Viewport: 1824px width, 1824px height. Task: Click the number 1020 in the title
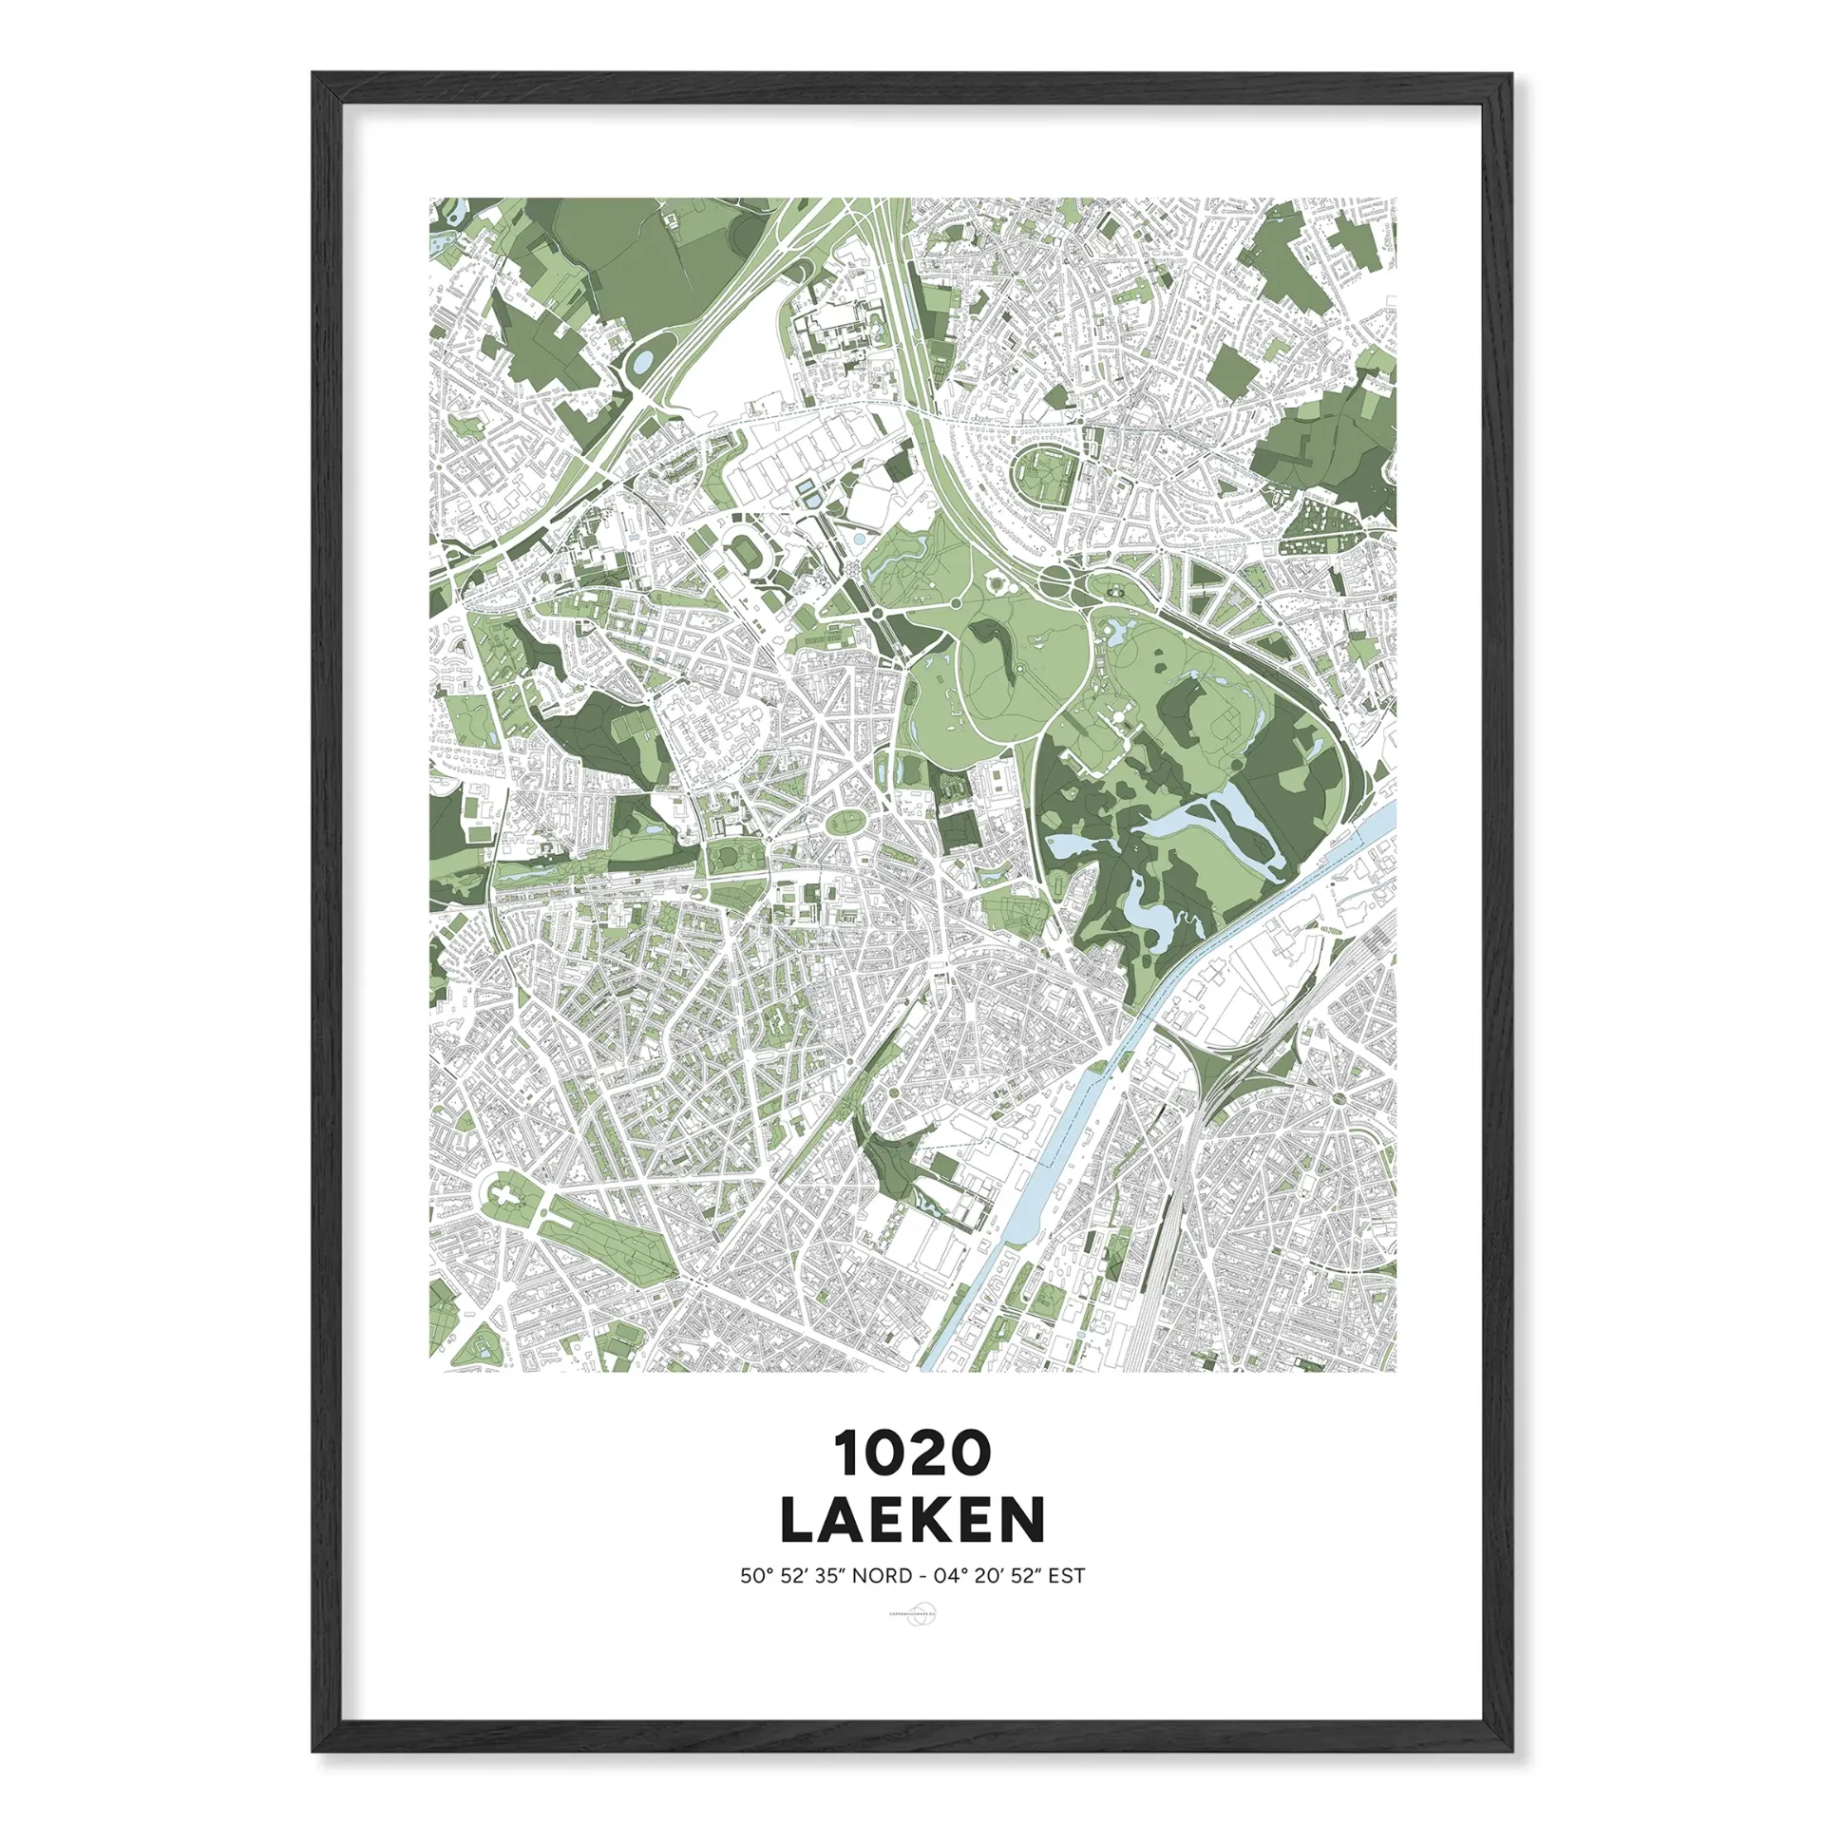pyautogui.click(x=912, y=1453)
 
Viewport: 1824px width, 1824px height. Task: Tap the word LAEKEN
pyautogui.click(x=912, y=1521)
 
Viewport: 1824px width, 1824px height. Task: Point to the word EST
pyautogui.click(x=1067, y=1576)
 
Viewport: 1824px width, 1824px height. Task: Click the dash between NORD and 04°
pyautogui.click(x=921, y=1576)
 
